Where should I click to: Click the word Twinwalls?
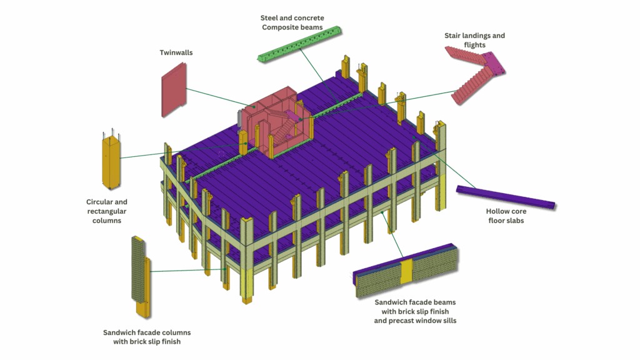coord(176,53)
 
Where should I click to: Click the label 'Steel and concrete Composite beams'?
coord(292,22)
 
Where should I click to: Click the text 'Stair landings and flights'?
coord(474,40)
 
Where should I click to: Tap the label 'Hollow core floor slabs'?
coord(506,216)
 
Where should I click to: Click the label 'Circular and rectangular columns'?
coord(107,211)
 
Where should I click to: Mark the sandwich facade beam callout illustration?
coord(406,271)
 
